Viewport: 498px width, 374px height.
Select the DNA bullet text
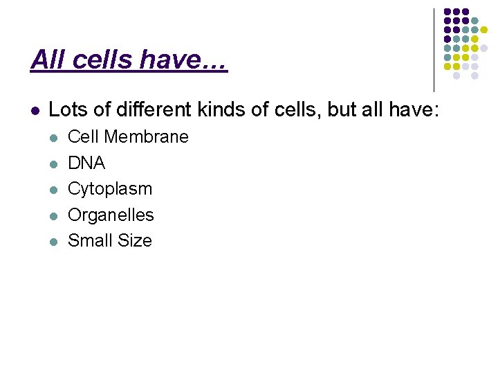point(86,163)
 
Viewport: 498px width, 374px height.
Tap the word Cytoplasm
point(109,189)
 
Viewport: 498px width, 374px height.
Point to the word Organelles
point(111,215)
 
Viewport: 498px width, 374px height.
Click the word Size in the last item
point(135,241)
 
